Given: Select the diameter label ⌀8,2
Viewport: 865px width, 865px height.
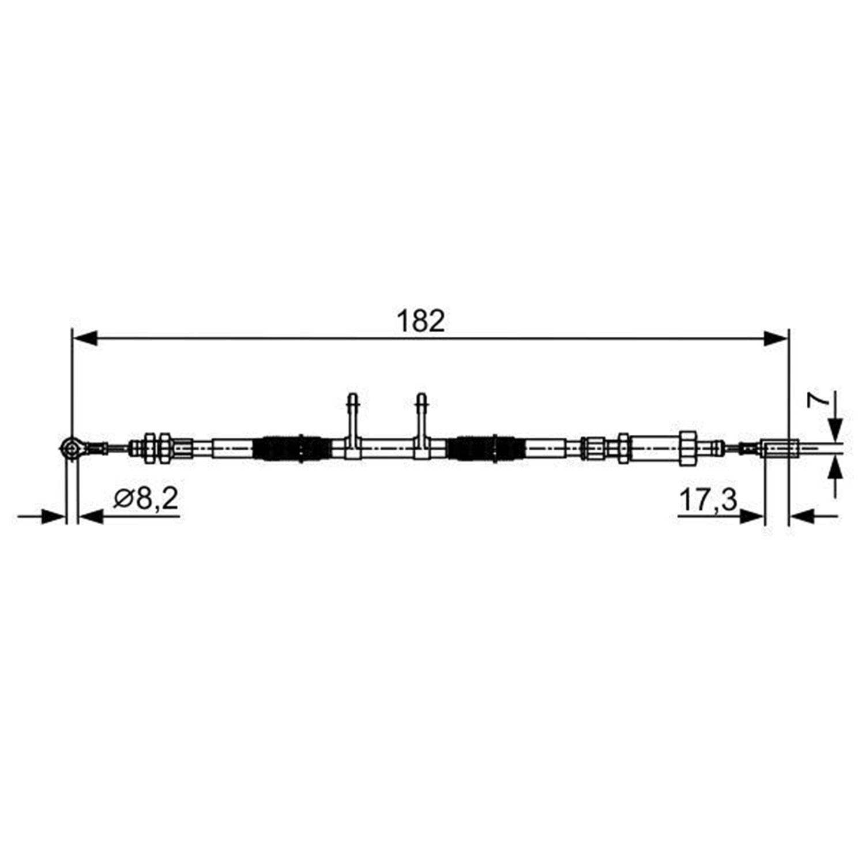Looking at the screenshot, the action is point(145,499).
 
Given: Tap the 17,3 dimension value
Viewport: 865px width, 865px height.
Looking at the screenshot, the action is point(708,500).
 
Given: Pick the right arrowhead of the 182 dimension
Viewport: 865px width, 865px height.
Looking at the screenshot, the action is point(776,339).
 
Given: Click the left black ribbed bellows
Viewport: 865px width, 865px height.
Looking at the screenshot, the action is point(292,448).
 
